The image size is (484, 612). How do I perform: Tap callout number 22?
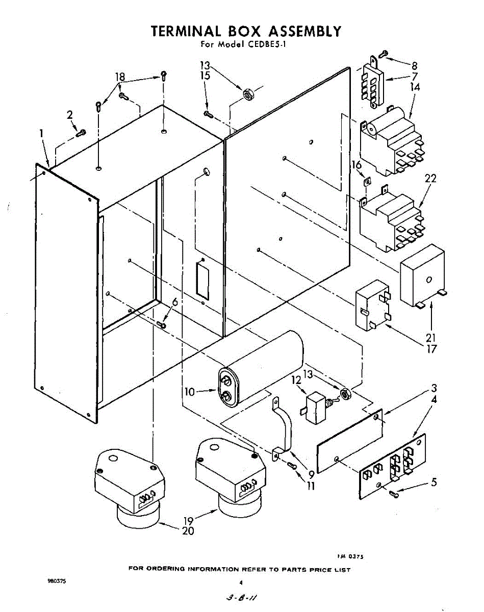click(x=430, y=179)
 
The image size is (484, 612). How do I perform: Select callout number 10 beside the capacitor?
click(x=190, y=392)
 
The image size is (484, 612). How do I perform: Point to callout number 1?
click(x=41, y=134)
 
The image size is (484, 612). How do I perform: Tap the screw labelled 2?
click(x=81, y=133)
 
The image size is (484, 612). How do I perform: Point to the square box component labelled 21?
click(x=422, y=275)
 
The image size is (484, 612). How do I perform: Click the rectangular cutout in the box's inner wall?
click(x=202, y=280)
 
